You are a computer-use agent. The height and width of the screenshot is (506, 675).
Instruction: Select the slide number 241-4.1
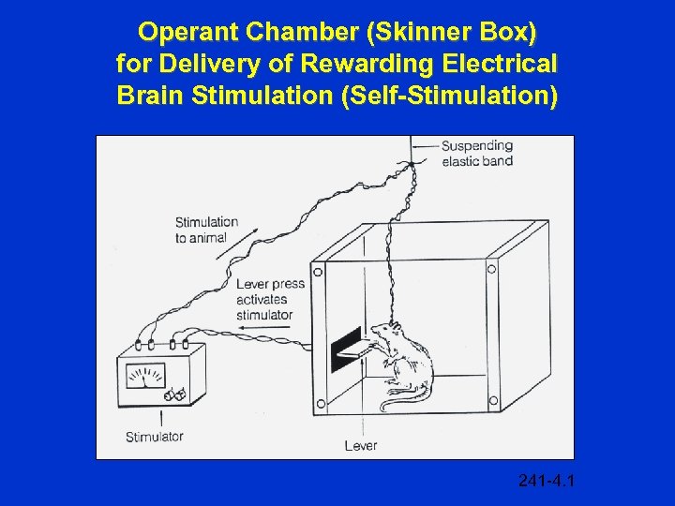(x=546, y=482)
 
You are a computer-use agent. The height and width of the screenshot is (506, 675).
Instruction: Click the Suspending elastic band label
(x=477, y=153)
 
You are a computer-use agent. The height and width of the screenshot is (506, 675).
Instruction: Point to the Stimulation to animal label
(x=206, y=230)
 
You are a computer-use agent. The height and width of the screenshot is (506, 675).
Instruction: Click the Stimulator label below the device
(x=155, y=437)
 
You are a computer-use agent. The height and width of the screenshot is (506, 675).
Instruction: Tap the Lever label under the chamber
(x=361, y=445)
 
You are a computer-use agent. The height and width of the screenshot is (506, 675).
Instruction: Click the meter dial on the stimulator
(x=146, y=377)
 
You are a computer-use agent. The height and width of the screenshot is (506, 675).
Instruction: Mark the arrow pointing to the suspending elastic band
(x=427, y=146)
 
